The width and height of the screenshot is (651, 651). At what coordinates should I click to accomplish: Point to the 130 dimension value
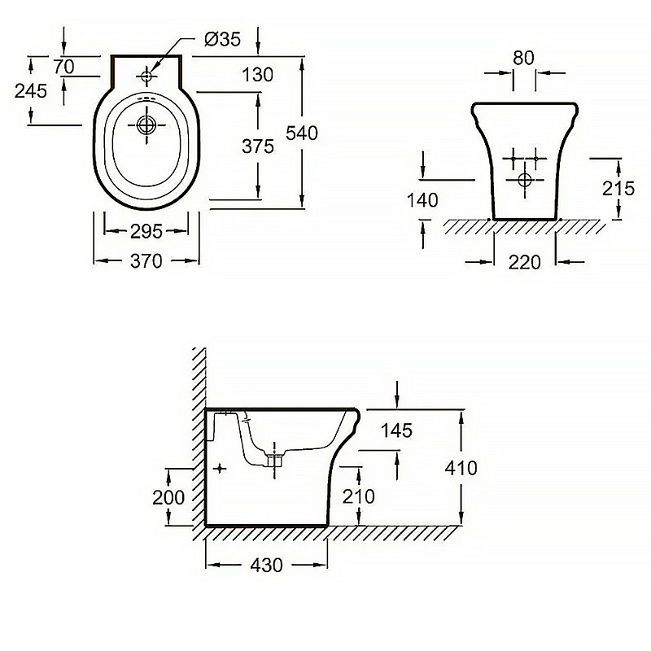click(256, 76)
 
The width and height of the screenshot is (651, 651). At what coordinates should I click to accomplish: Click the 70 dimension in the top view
click(64, 64)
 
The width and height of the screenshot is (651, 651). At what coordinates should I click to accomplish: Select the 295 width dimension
click(146, 231)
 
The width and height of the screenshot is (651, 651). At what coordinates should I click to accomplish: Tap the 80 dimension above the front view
click(524, 59)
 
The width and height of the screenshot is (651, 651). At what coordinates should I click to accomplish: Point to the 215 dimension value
click(618, 188)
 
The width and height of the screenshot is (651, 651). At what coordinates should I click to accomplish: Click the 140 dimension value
click(424, 200)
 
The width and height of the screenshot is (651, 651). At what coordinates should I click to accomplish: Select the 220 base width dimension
click(525, 262)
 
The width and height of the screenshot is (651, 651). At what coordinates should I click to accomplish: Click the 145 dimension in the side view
click(395, 430)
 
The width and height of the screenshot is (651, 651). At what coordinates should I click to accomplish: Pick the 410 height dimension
click(461, 468)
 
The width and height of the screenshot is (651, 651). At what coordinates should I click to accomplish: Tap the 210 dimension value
click(357, 496)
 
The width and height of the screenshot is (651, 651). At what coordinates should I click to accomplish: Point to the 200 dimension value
click(168, 497)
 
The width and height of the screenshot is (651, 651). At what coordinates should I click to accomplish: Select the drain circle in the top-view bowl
click(147, 125)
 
